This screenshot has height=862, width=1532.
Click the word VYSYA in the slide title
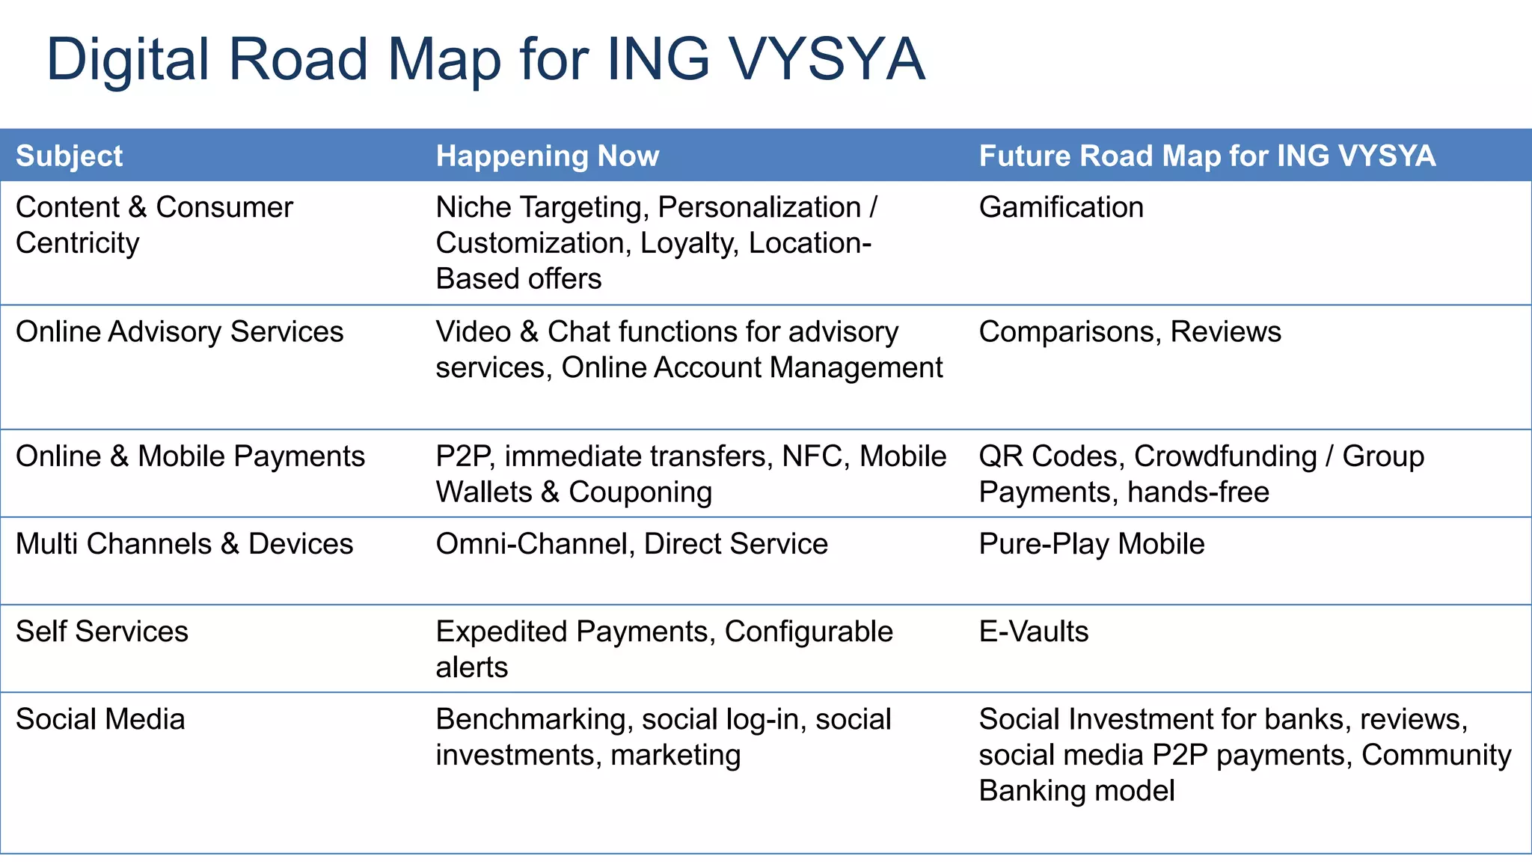[827, 59]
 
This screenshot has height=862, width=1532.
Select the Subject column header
[69, 156]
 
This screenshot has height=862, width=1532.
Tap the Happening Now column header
[547, 156]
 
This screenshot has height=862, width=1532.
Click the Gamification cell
[1061, 207]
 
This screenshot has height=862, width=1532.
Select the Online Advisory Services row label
[180, 331]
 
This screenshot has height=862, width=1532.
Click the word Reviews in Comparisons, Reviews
[1225, 331]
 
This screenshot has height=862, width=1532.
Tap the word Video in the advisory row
[473, 331]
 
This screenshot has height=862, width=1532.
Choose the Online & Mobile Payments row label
[190, 456]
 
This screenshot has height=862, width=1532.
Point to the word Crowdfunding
[1225, 456]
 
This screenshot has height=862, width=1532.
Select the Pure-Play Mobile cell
[1091, 544]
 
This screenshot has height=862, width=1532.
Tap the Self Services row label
[102, 632]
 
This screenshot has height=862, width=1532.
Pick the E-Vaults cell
[1033, 632]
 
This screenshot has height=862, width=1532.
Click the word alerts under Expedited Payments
[471, 667]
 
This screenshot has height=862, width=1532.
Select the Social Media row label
[100, 719]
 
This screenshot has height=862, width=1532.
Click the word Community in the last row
[1436, 755]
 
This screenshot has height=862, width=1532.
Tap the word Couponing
[640, 492]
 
